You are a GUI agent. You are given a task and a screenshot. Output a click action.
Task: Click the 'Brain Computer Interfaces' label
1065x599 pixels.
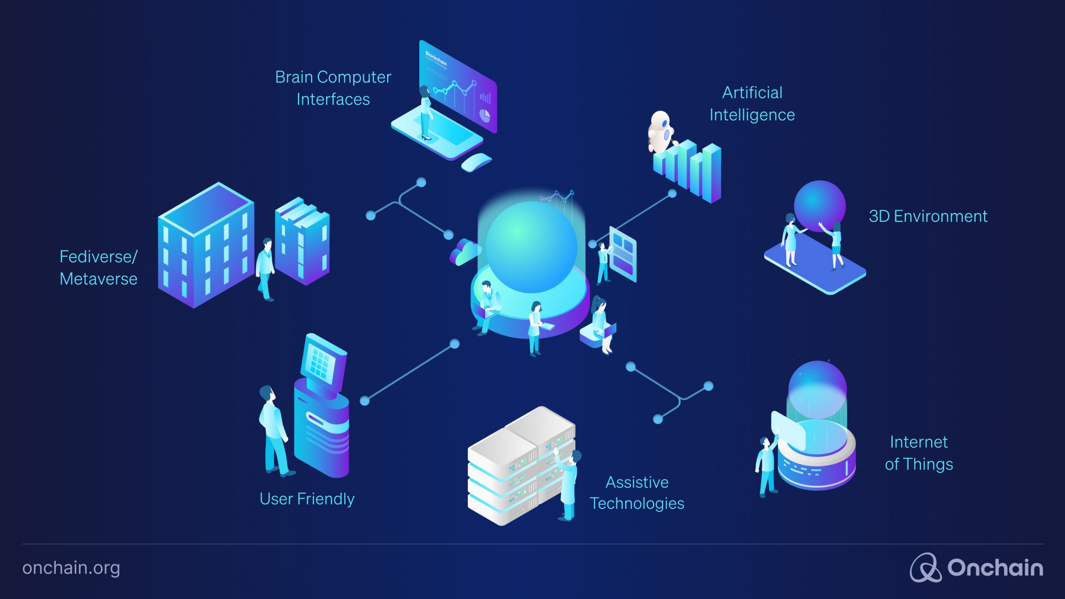pyautogui.click(x=333, y=88)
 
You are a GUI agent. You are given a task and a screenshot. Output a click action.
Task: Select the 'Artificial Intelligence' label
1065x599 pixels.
pyautogui.click(x=752, y=104)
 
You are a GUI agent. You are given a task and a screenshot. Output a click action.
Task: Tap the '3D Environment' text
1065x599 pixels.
pyautogui.click(x=928, y=216)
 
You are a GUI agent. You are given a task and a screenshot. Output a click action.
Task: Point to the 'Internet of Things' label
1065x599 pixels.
pyautogui.click(x=919, y=453)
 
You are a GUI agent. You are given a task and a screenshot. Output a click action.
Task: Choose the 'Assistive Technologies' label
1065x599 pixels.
pyautogui.click(x=637, y=493)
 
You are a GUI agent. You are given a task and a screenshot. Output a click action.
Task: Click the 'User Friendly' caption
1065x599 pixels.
pyautogui.click(x=307, y=499)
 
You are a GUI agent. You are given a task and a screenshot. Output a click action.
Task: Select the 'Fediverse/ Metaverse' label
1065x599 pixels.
pyautogui.click(x=98, y=268)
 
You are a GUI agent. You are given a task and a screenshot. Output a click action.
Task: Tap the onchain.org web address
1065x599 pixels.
pyautogui.click(x=71, y=568)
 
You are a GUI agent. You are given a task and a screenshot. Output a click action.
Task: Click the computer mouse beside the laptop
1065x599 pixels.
pyautogui.click(x=476, y=162)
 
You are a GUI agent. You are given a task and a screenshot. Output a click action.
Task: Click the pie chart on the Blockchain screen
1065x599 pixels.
pyautogui.click(x=485, y=115)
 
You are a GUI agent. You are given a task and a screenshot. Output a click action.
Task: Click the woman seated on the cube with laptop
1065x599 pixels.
pyautogui.click(x=601, y=324)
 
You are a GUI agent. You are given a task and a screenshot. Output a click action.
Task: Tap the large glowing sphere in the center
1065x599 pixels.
pyautogui.click(x=531, y=246)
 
